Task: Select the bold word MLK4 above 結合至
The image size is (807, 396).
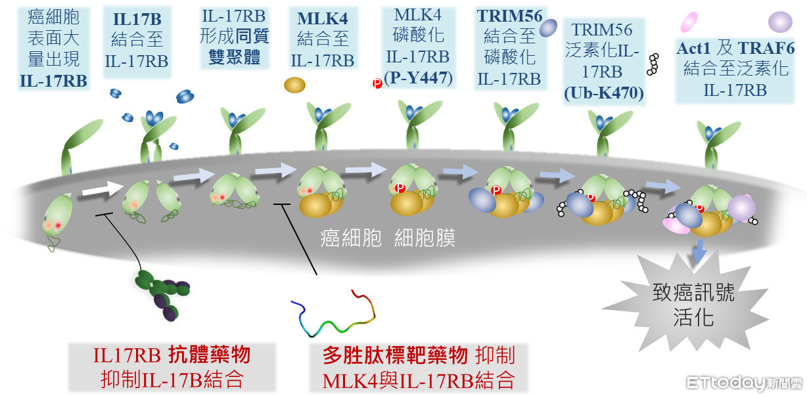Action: pyautogui.click(x=321, y=18)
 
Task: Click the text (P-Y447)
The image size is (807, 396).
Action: pyautogui.click(x=419, y=77)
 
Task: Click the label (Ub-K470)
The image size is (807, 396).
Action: pyautogui.click(x=604, y=94)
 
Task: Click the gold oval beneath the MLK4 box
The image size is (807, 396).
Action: pyautogui.click(x=294, y=85)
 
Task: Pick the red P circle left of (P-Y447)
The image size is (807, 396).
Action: pyautogui.click(x=377, y=83)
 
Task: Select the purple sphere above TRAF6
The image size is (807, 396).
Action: pyautogui.click(x=780, y=22)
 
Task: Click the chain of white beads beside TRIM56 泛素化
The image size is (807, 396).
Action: pyautogui.click(x=653, y=64)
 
